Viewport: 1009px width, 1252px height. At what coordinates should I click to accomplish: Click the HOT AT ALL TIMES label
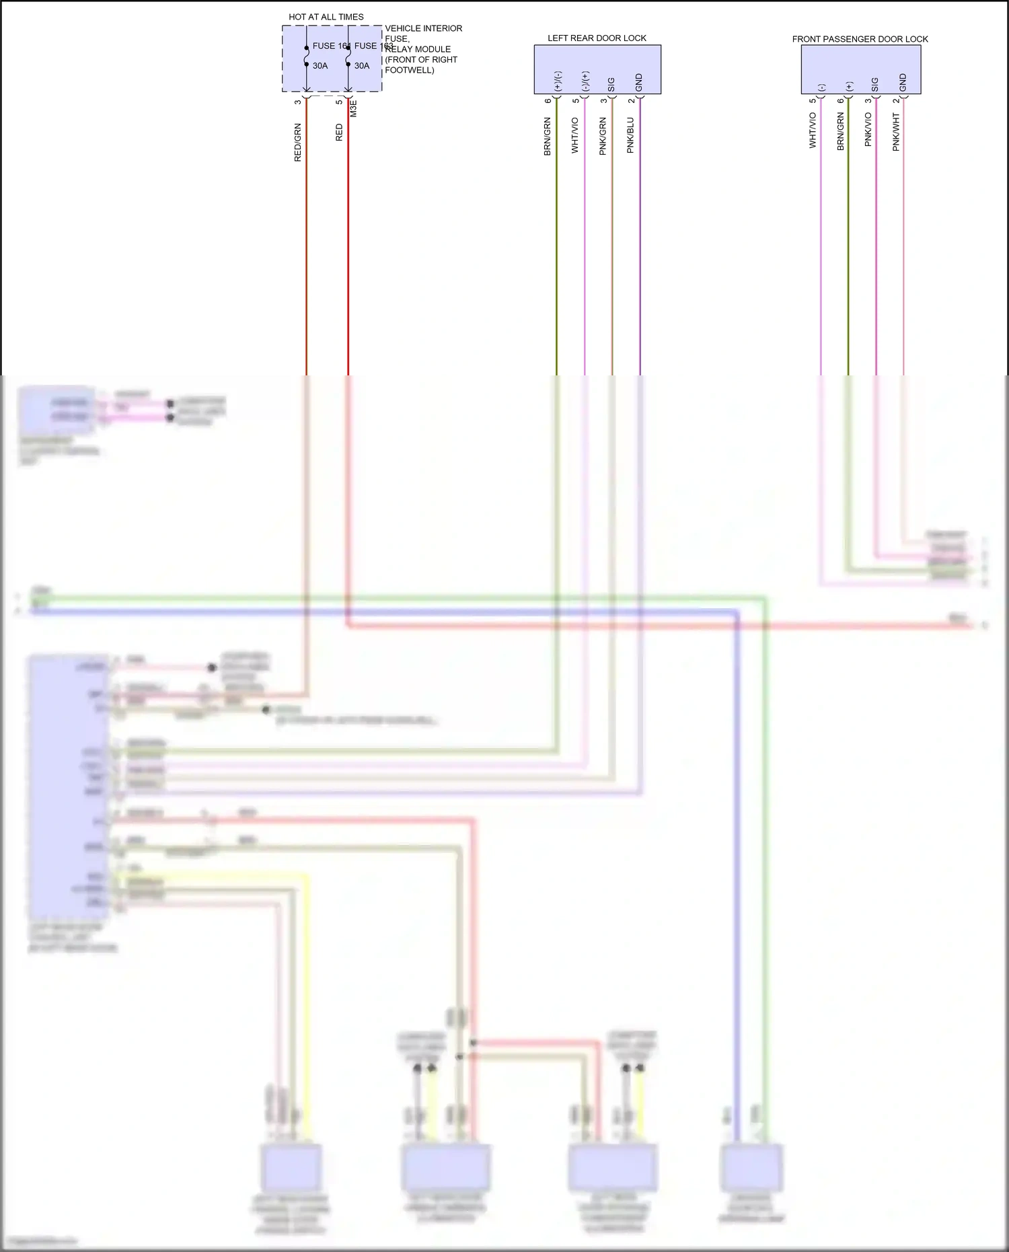(326, 17)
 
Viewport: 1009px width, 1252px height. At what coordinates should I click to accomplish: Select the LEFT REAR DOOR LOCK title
(597, 38)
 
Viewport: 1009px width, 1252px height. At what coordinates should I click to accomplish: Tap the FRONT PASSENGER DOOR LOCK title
(860, 39)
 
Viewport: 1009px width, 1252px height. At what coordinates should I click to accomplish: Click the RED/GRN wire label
(298, 142)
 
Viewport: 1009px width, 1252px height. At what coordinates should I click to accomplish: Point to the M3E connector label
(354, 109)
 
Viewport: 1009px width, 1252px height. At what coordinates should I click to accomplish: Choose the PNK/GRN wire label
(603, 136)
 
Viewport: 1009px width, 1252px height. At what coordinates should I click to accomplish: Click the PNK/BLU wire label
(630, 135)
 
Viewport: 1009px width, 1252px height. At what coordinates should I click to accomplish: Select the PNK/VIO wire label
(868, 129)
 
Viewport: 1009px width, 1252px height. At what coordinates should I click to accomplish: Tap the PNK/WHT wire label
(895, 132)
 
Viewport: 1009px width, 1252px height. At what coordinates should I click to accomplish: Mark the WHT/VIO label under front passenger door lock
(813, 130)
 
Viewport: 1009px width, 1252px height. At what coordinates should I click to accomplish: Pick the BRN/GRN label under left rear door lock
(548, 137)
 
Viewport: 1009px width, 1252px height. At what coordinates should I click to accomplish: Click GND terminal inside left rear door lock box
(639, 82)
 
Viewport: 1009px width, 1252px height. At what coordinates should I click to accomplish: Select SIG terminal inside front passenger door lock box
(875, 84)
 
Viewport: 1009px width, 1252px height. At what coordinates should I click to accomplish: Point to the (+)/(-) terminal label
(558, 81)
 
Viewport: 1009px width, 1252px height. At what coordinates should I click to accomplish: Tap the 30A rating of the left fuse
(320, 66)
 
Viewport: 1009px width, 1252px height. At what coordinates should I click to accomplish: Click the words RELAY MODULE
(418, 49)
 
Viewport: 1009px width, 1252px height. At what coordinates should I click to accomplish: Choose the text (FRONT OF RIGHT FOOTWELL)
(421, 65)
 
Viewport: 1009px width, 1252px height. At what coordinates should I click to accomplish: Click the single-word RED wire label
(339, 132)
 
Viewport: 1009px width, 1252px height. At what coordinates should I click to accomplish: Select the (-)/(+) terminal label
(585, 81)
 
